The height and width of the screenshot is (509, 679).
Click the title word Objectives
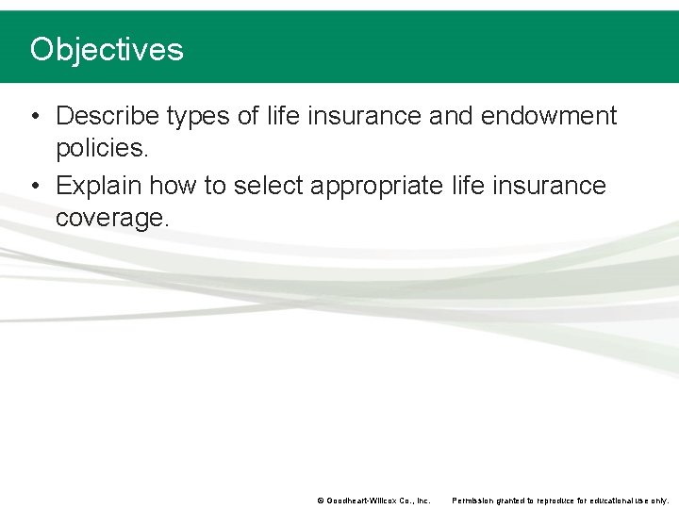coord(107,49)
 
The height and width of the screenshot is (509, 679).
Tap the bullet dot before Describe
coord(35,117)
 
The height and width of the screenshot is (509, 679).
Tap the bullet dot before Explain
coord(35,186)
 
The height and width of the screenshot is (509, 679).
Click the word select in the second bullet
coord(267,185)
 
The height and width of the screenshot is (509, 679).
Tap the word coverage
coord(112,219)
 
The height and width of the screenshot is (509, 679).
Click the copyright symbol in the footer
coord(320,501)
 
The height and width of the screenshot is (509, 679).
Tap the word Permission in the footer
coord(474,501)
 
